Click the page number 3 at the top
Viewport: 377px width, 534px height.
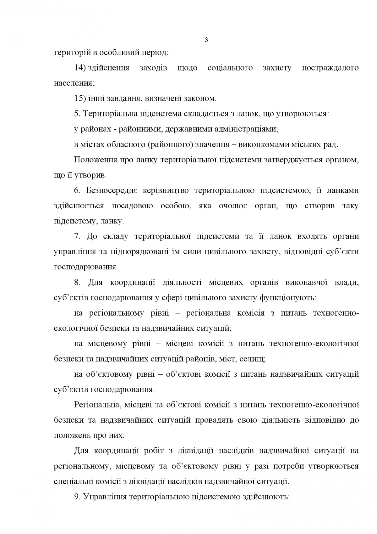pos(206,40)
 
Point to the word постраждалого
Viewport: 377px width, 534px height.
pos(330,68)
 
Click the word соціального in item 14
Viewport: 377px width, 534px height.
pos(230,68)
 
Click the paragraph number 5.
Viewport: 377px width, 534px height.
pos(77,114)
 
